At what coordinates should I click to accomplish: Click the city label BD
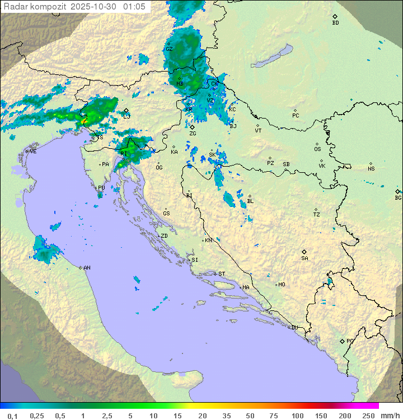(x=335, y=23)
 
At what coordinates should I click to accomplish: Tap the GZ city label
(x=169, y=49)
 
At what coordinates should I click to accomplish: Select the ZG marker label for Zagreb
(x=193, y=134)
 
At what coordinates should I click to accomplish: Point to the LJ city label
(x=126, y=116)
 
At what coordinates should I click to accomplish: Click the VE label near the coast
(x=33, y=152)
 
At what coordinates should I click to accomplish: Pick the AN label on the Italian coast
(x=87, y=268)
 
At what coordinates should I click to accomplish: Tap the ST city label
(x=222, y=274)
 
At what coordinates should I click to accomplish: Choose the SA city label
(x=304, y=258)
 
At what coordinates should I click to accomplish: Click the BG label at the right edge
(x=398, y=198)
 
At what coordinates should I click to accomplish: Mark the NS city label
(x=371, y=169)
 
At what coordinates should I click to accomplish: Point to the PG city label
(x=350, y=341)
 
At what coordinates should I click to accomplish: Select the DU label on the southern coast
(x=294, y=328)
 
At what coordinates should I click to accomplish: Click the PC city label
(x=296, y=116)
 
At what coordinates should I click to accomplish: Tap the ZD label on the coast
(x=164, y=236)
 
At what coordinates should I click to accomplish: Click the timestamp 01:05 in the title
(x=135, y=6)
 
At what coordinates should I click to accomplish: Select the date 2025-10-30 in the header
(x=95, y=6)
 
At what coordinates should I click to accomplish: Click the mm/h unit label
(x=390, y=416)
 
